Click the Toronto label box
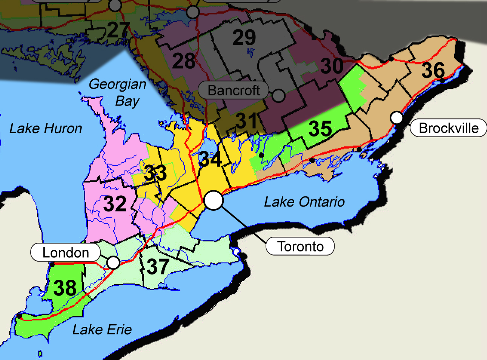pyautogui.click(x=300, y=246)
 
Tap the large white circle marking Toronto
pyautogui.click(x=214, y=200)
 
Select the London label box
pyautogui.click(x=65, y=253)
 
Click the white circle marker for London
pyautogui.click(x=113, y=262)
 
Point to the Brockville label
pyautogui.click(x=448, y=128)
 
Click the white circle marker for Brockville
pyautogui.click(x=396, y=118)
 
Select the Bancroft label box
pyautogui.click(x=234, y=90)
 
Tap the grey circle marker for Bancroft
pyautogui.click(x=278, y=96)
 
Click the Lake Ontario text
pyautogui.click(x=304, y=202)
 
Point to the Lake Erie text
pyautogui.click(x=102, y=330)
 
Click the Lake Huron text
pyautogui.click(x=46, y=129)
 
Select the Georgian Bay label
pyautogui.click(x=118, y=92)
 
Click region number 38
pyautogui.click(x=65, y=288)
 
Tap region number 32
pyautogui.click(x=115, y=204)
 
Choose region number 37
pyautogui.click(x=157, y=267)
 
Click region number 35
pyautogui.click(x=320, y=129)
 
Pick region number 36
pyautogui.click(x=433, y=70)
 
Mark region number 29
pyautogui.click(x=244, y=37)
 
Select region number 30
pyautogui.click(x=332, y=66)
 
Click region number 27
pyautogui.click(x=118, y=30)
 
